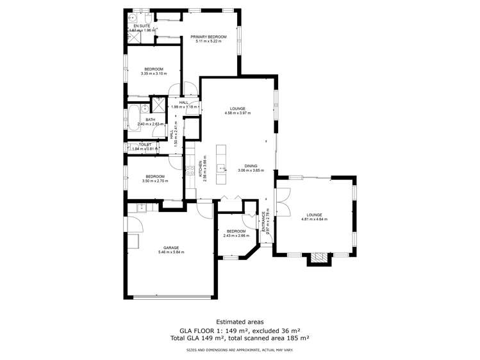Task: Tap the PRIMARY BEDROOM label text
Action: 208,37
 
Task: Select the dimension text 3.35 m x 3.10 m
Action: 153,74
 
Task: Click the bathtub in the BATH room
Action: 133,116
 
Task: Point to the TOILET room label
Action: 145,145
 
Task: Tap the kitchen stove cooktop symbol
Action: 190,170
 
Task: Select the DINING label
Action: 251,165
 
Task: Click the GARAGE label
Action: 170,247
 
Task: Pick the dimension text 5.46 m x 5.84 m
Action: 170,252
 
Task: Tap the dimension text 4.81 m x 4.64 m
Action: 314,220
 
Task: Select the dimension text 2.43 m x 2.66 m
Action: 236,236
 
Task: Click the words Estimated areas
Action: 240,322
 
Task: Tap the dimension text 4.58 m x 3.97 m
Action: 238,113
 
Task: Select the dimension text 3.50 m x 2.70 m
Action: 154,181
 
